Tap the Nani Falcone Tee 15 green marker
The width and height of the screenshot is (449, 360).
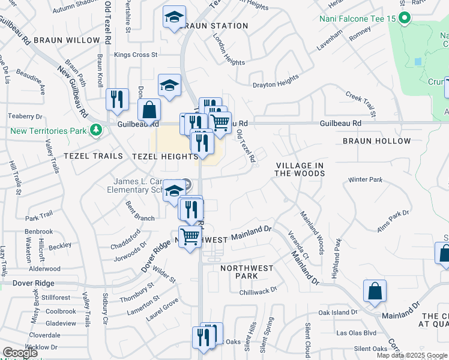pos(404,19)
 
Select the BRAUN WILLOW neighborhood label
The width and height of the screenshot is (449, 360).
pos(67,40)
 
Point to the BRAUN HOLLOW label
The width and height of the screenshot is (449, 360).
pos(377,141)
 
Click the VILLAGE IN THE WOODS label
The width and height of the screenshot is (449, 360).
pos(300,169)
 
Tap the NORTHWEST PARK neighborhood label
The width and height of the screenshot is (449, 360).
pos(247,272)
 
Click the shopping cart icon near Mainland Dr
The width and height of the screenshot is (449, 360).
pos(190,236)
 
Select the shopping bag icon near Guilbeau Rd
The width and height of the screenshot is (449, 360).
pos(149,110)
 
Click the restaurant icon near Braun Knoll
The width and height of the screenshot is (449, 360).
pos(116,98)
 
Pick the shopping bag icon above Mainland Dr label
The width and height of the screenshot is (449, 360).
pos(375,291)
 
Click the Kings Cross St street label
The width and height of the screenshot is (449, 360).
pos(136,55)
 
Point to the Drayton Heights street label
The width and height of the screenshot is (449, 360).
pos(276,80)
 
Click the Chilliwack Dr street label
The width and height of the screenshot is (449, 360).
pos(258,290)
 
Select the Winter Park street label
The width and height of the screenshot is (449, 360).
pos(365,179)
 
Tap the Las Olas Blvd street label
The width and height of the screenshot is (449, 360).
pos(356,332)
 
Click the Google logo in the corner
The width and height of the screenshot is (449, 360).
pos(20,353)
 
